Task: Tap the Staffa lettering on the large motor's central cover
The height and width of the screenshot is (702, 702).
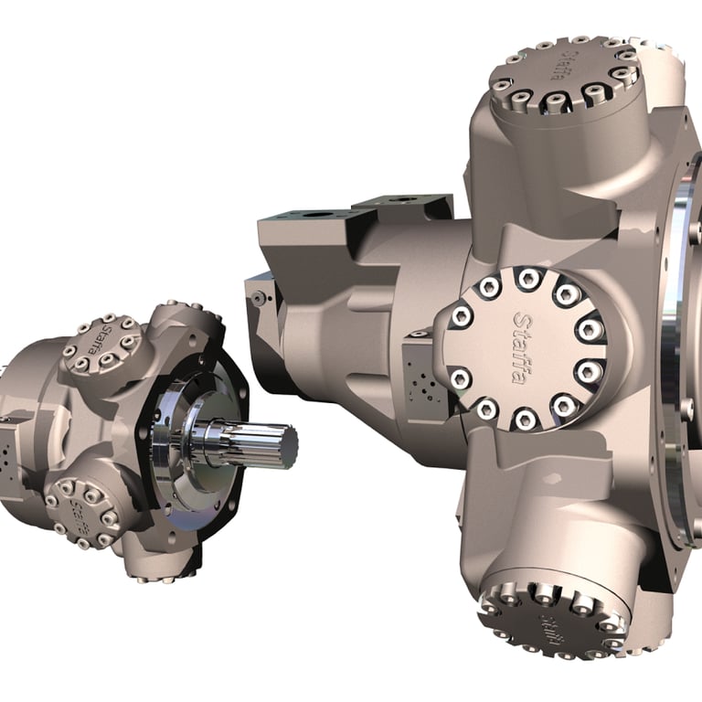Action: click(522, 347)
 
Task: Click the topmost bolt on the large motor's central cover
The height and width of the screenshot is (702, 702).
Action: click(527, 277)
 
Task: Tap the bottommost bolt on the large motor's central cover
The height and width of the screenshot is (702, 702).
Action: click(524, 420)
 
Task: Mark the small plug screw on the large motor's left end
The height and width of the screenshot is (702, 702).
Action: click(259, 296)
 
